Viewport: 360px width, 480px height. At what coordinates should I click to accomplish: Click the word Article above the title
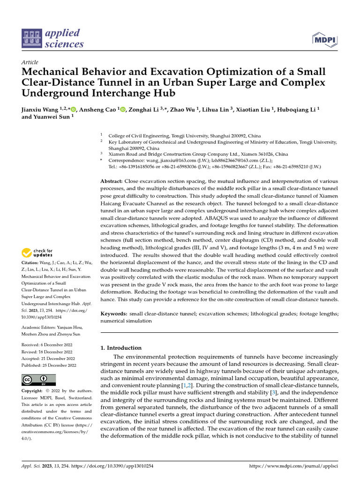(30, 62)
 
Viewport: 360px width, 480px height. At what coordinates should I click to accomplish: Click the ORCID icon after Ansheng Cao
(123, 110)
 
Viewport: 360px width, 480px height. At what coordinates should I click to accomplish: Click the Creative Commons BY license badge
(38, 379)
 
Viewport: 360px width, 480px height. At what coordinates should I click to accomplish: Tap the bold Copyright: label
(35, 390)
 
